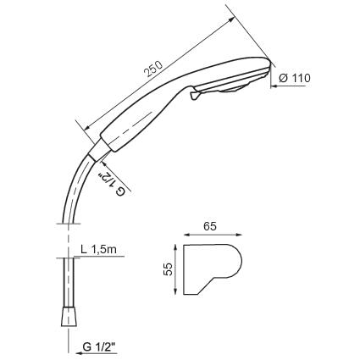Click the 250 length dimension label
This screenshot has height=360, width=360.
[153, 69]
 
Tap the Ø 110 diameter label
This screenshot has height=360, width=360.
[295, 78]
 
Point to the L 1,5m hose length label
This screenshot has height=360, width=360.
[98, 250]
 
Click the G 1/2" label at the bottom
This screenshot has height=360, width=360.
[100, 346]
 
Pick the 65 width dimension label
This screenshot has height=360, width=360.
[210, 226]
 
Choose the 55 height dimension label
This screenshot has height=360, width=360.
[168, 269]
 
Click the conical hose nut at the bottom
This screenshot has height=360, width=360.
[69, 316]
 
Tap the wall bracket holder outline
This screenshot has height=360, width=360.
[213, 269]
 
